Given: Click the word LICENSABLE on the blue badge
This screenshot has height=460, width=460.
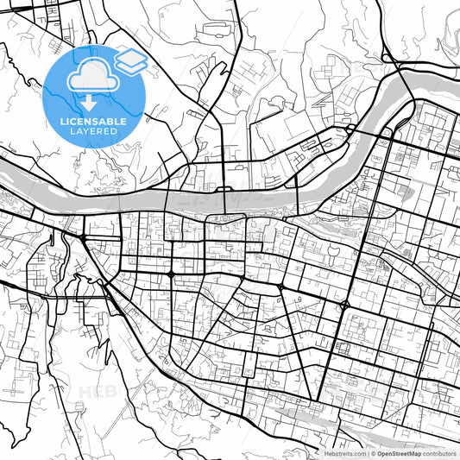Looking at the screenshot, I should pyautogui.click(x=93, y=122).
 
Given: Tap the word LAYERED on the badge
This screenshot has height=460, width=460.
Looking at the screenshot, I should pyautogui.click(x=94, y=132).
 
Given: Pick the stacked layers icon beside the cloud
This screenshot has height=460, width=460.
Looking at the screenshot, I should pyautogui.click(x=130, y=60).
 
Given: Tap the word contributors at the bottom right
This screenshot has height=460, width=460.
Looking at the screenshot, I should pyautogui.click(x=439, y=452).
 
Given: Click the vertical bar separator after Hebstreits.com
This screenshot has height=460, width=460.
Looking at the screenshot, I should pyautogui.click(x=367, y=452).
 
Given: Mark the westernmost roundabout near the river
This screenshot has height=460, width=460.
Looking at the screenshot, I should pyautogui.click(x=83, y=236).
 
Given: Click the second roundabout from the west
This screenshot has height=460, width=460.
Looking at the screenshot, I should pyautogui.click(x=172, y=274).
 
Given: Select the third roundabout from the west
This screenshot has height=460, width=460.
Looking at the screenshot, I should pyautogui.click(x=280, y=287).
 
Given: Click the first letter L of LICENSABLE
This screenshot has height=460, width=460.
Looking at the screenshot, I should pyautogui.click(x=61, y=122).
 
